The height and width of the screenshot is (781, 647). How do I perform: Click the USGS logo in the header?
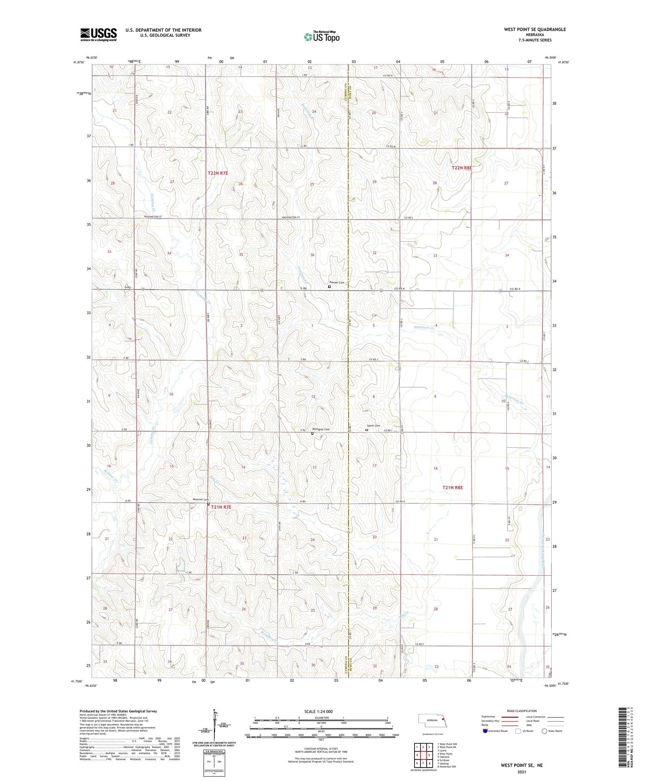coord(99,34)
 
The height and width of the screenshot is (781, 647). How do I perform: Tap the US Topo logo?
coord(321,37)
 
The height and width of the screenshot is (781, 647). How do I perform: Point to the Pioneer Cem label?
coord(337,283)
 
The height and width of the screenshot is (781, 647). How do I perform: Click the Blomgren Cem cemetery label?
coord(321,430)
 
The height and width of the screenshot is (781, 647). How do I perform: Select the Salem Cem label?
coord(373,426)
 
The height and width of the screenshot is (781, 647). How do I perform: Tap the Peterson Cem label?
coord(200,500)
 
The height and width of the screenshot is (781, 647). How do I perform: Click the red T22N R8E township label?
coord(462,168)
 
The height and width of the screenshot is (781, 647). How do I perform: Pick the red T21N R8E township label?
coord(452,488)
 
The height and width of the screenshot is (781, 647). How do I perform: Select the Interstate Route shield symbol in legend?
coord(485,731)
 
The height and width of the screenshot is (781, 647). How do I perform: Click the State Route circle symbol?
coord(544,731)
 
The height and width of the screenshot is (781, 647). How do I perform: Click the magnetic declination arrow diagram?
coord(216,727)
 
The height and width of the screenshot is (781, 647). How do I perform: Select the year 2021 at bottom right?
coord(521,772)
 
